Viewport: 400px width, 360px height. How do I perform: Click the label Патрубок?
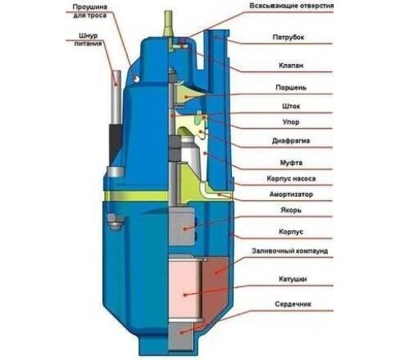(288, 37)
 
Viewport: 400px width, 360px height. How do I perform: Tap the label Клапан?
(291, 66)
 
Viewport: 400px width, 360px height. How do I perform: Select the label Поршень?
(290, 88)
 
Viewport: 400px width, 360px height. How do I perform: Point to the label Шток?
(291, 106)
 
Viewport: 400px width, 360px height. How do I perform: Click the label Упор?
(290, 122)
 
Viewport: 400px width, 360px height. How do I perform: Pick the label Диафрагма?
(291, 141)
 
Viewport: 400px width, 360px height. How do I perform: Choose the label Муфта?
(291, 162)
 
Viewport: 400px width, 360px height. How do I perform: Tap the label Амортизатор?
(291, 194)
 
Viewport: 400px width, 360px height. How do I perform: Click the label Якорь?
(291, 210)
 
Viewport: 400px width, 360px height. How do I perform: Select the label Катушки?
(293, 279)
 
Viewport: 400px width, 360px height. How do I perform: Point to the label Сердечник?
(293, 304)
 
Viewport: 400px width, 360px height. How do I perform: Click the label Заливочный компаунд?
(290, 251)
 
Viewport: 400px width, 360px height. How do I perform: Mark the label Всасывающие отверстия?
(291, 6)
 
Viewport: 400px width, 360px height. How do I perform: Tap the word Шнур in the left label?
(88, 36)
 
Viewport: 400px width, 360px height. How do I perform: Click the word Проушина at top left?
(90, 7)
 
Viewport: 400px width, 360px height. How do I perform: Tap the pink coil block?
(185, 290)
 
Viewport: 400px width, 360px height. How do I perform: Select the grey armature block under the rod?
(182, 226)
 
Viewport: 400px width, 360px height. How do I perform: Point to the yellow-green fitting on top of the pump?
(168, 24)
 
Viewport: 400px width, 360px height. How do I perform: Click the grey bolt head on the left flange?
(115, 222)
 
